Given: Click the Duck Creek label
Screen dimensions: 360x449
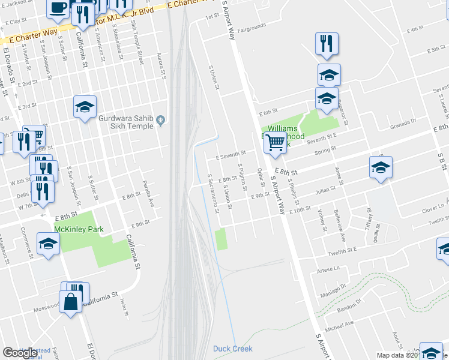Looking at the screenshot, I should [x=233, y=349].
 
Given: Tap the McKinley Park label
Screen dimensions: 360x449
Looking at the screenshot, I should [x=79, y=229].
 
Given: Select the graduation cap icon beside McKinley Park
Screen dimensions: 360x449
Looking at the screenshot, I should [x=48, y=245].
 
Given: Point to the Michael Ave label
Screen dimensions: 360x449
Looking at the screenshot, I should [x=340, y=325].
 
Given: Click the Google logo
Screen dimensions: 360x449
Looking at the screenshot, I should [x=20, y=352].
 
